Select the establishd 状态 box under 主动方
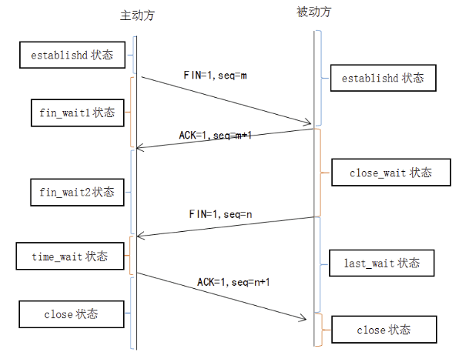pyautogui.click(x=72, y=55)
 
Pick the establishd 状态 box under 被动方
pyautogui.click(x=383, y=78)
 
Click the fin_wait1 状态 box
pyautogui.click(x=77, y=113)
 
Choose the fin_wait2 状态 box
pyautogui.click(x=77, y=192)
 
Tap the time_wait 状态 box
pyautogui.click(x=70, y=256)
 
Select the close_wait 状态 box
pyautogui.click(x=390, y=173)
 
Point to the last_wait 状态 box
pyautogui.click(x=382, y=263)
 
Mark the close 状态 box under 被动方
pyautogui.click(x=383, y=330)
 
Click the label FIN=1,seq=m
pyautogui.click(x=214, y=76)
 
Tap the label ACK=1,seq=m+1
pyautogui.click(x=216, y=136)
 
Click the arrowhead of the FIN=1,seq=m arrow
pyautogui.click(x=309, y=122)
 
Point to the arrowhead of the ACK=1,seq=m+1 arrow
pyautogui.click(x=139, y=147)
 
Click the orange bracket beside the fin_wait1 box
pyautogui.click(x=131, y=111)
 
